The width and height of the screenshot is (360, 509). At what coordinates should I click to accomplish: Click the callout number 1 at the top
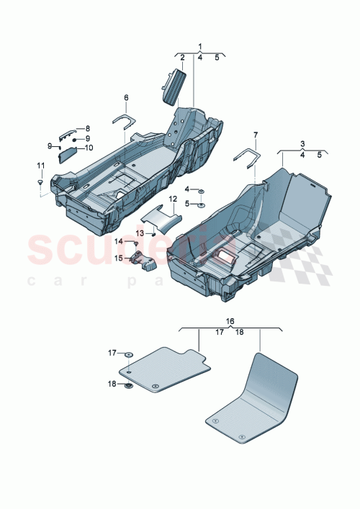pos(200,47)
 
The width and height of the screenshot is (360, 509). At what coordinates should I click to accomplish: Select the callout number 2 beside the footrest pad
pos(183,58)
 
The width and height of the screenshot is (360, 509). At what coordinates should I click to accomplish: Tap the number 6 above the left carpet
pos(126,97)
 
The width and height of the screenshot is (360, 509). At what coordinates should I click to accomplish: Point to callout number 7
pos(254,135)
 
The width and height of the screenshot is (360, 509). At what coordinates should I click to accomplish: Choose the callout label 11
pos(40,166)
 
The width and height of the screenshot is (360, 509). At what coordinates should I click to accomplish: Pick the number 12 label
pos(173,198)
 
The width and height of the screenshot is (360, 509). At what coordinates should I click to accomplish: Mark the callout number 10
pos(89,148)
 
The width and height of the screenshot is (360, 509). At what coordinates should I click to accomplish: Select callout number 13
pos(143,232)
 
